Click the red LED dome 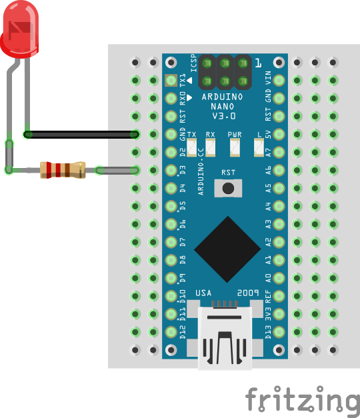click(19, 29)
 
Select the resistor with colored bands click(63, 170)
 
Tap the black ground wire click(81, 134)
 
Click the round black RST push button click(228, 188)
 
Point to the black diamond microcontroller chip click(227, 249)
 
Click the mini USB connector click(225, 338)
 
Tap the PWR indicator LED click(235, 147)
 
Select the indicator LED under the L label click(259, 147)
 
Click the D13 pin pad click(279, 332)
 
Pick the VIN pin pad click(279, 80)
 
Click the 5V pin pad click(279, 134)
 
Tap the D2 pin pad click(171, 152)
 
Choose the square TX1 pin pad click(171, 80)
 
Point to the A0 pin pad click(279, 278)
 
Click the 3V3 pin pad click(279, 314)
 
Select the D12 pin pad click(171, 332)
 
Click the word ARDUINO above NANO click(222, 97)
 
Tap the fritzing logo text click(303, 400)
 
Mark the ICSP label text click(194, 63)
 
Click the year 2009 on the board click(248, 293)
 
